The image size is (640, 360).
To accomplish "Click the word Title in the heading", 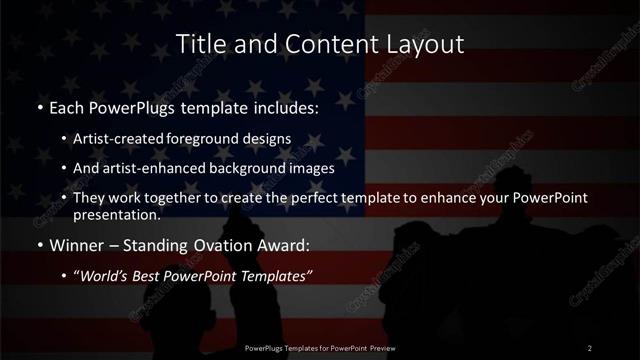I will pos(200,45).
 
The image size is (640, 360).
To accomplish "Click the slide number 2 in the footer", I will pos(590,347).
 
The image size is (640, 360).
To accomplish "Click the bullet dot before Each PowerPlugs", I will pos(39,107).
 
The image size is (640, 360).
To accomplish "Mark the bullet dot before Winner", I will pos(39,245).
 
